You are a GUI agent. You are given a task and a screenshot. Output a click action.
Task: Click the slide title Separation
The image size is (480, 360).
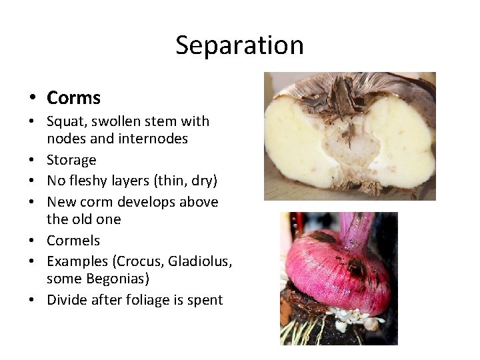coord(239,45)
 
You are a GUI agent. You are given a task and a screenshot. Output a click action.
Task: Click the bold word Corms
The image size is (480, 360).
coord(73,98)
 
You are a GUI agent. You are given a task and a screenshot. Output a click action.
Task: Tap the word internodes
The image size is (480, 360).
coord(155,139)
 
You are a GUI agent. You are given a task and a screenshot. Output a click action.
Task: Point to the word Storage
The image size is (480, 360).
coord(71,160)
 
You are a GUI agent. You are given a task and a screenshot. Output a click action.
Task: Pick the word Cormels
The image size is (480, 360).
coord(73,240)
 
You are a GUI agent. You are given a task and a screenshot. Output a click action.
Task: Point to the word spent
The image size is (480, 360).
coord(205,299)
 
